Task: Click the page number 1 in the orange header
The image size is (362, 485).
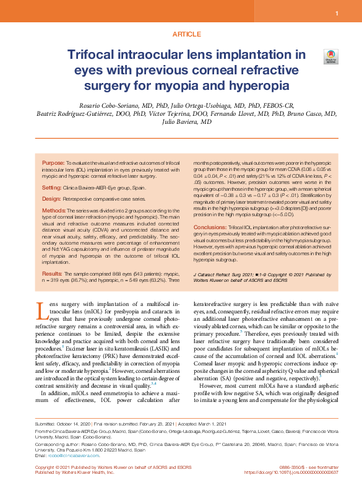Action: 337,13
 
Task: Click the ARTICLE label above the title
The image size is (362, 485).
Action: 181,35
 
